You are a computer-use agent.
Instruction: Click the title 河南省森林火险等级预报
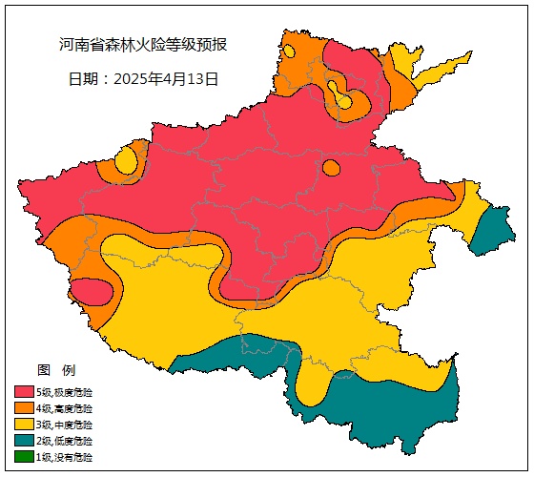pos(142,45)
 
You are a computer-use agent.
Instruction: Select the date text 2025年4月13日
pos(166,79)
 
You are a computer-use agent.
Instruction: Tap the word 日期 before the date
pos(84,79)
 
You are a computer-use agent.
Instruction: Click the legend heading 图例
pos(55,370)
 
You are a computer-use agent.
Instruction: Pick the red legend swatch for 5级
pos(24,392)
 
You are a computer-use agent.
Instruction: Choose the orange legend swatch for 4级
pos(24,408)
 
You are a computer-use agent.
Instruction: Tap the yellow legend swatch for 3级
pos(24,425)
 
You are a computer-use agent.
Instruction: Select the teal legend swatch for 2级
pos(24,441)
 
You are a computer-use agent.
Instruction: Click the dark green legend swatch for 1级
pos(24,458)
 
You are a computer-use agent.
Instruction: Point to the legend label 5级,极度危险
pos(65,392)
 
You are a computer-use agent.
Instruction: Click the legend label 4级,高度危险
pos(65,408)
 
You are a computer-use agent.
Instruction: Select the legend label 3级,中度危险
pos(65,425)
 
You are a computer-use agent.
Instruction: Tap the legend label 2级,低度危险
pos(65,441)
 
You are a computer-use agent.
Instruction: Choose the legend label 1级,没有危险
pos(65,458)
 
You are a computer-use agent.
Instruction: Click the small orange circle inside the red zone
pos(331,168)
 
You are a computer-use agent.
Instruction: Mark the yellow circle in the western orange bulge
pos(126,161)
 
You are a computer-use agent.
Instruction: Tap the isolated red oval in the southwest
pos(92,290)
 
